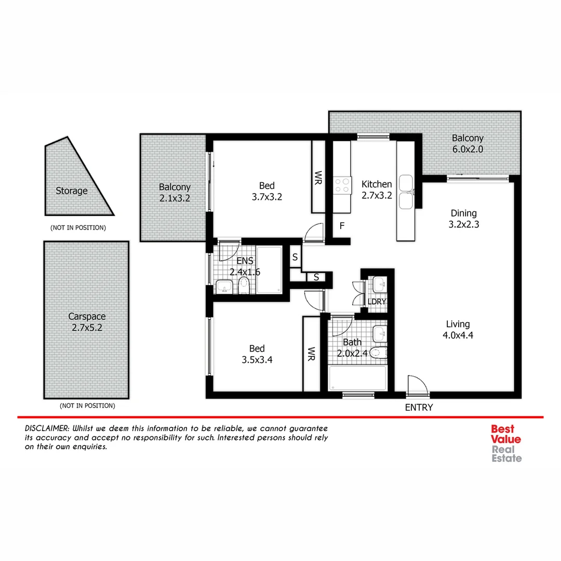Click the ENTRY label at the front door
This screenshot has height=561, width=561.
coord(418,408)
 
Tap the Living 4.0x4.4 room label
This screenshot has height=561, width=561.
coord(457,329)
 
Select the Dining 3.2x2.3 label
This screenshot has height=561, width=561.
coord(463,218)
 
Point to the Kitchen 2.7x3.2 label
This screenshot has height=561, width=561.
coord(377,190)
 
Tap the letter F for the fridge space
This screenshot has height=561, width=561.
coord(342,226)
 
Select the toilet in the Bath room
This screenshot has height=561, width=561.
coord(381,352)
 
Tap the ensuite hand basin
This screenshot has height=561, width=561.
coord(224,286)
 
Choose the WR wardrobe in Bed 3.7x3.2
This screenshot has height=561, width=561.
coord(318,177)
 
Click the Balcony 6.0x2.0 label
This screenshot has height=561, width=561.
coord(467,143)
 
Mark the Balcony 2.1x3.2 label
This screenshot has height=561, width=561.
coord(175,192)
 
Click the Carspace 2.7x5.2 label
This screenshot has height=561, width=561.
coord(87,322)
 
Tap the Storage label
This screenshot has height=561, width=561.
coord(72,191)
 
